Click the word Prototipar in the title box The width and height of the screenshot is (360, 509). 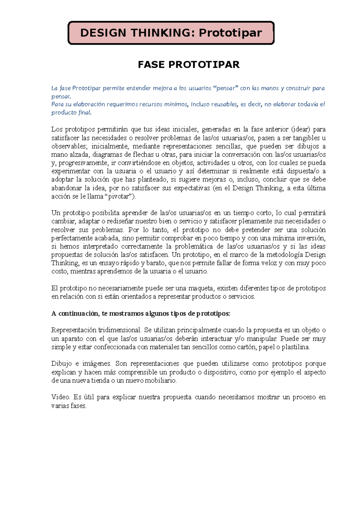coord(230,33)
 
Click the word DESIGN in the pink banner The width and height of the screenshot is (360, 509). coord(103,33)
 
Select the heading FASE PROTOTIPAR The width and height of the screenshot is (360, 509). coord(189,64)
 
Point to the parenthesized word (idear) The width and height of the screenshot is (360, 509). coord(301,129)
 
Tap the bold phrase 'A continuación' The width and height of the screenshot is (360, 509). coord(75,314)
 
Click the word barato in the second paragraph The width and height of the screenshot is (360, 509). coord(156,263)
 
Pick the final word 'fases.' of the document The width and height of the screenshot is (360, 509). coord(78,406)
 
